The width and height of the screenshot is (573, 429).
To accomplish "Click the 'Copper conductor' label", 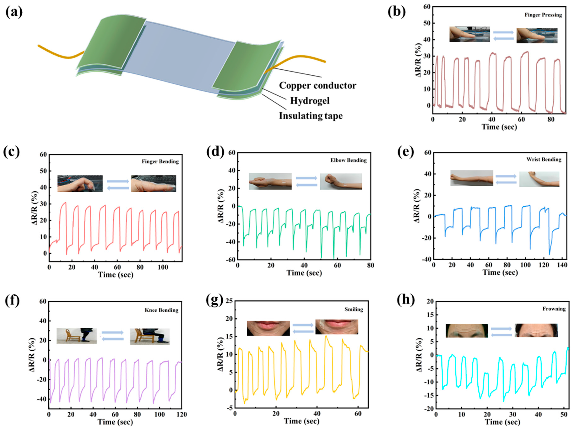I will pyautogui.click(x=317, y=86).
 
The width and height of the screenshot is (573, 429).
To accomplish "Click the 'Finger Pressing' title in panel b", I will pyautogui.click(x=543, y=15).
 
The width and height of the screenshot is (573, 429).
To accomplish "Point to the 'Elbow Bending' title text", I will pyautogui.click(x=348, y=160).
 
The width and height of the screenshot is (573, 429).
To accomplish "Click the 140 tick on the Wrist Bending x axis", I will pyautogui.click(x=562, y=265).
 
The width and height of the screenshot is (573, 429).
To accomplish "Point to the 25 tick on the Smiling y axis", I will pyautogui.click(x=229, y=301).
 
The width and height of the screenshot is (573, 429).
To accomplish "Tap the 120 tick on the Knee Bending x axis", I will pyautogui.click(x=182, y=415).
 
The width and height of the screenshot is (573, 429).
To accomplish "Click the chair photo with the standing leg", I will pyautogui.click(x=77, y=336).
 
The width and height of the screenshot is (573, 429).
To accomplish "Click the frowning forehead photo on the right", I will pyautogui.click(x=536, y=330).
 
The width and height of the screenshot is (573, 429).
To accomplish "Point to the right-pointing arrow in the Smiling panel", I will pyautogui.click(x=303, y=325).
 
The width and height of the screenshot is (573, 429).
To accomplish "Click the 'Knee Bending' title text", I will pyautogui.click(x=161, y=310).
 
